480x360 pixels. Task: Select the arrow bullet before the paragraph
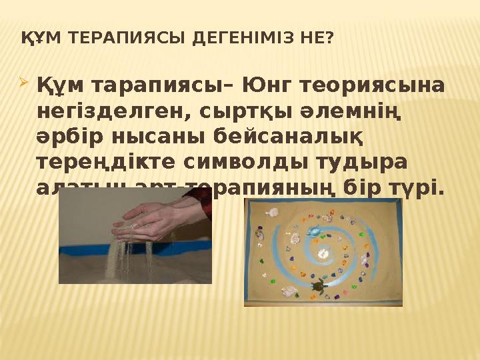(x=24, y=85)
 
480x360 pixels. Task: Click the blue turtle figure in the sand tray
(x=313, y=232)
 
